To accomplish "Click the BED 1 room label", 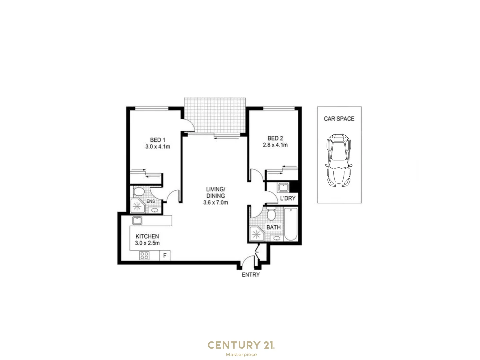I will point(157,140).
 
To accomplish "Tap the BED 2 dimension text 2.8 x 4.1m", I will point(275,145).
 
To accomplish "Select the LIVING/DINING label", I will point(215,193).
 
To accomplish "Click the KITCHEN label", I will point(147,236).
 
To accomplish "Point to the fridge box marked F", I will point(165,256).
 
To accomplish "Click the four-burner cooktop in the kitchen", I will point(144,256).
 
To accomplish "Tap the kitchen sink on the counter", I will point(137,220).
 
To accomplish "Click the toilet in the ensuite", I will point(138,192).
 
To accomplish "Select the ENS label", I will point(151,201).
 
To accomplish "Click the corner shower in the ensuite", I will point(137,206).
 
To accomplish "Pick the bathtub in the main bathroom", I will point(291,224).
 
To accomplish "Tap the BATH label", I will point(273,227).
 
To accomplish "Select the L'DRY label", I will point(288,198).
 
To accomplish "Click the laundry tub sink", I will point(283,187).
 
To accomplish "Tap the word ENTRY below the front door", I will point(251,275).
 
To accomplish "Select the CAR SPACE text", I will point(339,119).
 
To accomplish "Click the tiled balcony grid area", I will point(215,115).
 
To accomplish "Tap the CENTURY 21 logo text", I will point(241,345).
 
